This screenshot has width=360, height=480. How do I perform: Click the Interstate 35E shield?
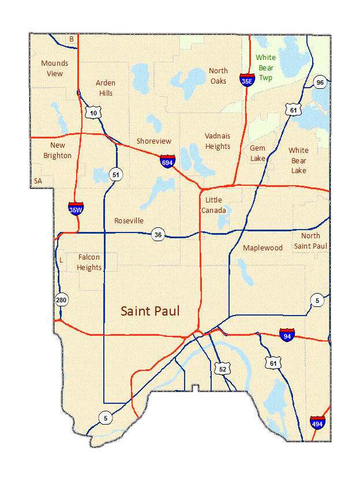point(247,79)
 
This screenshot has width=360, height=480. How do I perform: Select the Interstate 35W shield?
point(76,208)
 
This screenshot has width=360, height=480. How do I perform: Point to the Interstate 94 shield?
point(287,335)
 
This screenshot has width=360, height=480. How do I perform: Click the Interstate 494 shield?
point(317,422)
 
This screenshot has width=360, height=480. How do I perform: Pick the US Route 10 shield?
point(93,112)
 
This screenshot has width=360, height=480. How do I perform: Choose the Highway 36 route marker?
point(157,234)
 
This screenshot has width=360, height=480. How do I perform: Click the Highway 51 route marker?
point(117,174)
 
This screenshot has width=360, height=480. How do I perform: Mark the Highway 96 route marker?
point(320,82)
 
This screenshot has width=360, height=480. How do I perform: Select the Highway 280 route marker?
point(61,299)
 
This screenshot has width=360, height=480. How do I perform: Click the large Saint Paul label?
point(150,311)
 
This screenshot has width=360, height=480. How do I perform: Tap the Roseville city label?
point(129,220)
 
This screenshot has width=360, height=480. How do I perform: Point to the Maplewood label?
point(262,247)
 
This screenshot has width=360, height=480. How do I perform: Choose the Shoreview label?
point(153,141)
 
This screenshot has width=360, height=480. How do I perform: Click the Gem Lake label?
point(257,153)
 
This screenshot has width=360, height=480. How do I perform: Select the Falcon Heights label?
point(89,262)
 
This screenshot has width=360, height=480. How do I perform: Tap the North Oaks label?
point(218,76)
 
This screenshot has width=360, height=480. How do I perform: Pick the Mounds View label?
point(54,68)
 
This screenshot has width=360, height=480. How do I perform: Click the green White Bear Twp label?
point(265,66)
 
